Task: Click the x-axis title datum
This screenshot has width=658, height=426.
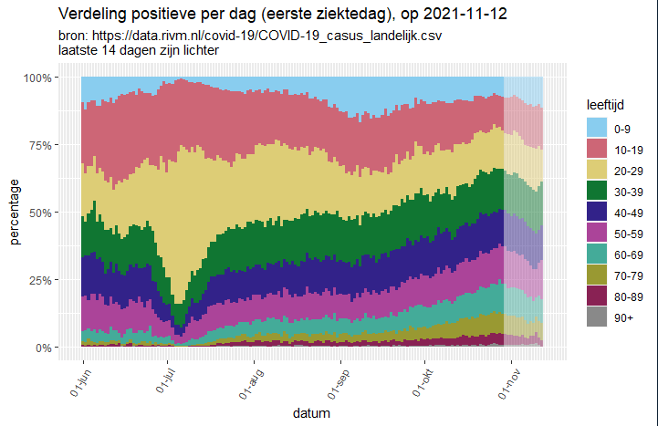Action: (312, 413)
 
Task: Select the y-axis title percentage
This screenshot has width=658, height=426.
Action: (16, 213)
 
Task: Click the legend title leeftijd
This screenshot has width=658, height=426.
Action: (604, 106)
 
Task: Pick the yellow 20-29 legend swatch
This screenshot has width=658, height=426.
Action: (597, 170)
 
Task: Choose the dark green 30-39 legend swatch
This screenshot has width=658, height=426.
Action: (597, 191)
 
